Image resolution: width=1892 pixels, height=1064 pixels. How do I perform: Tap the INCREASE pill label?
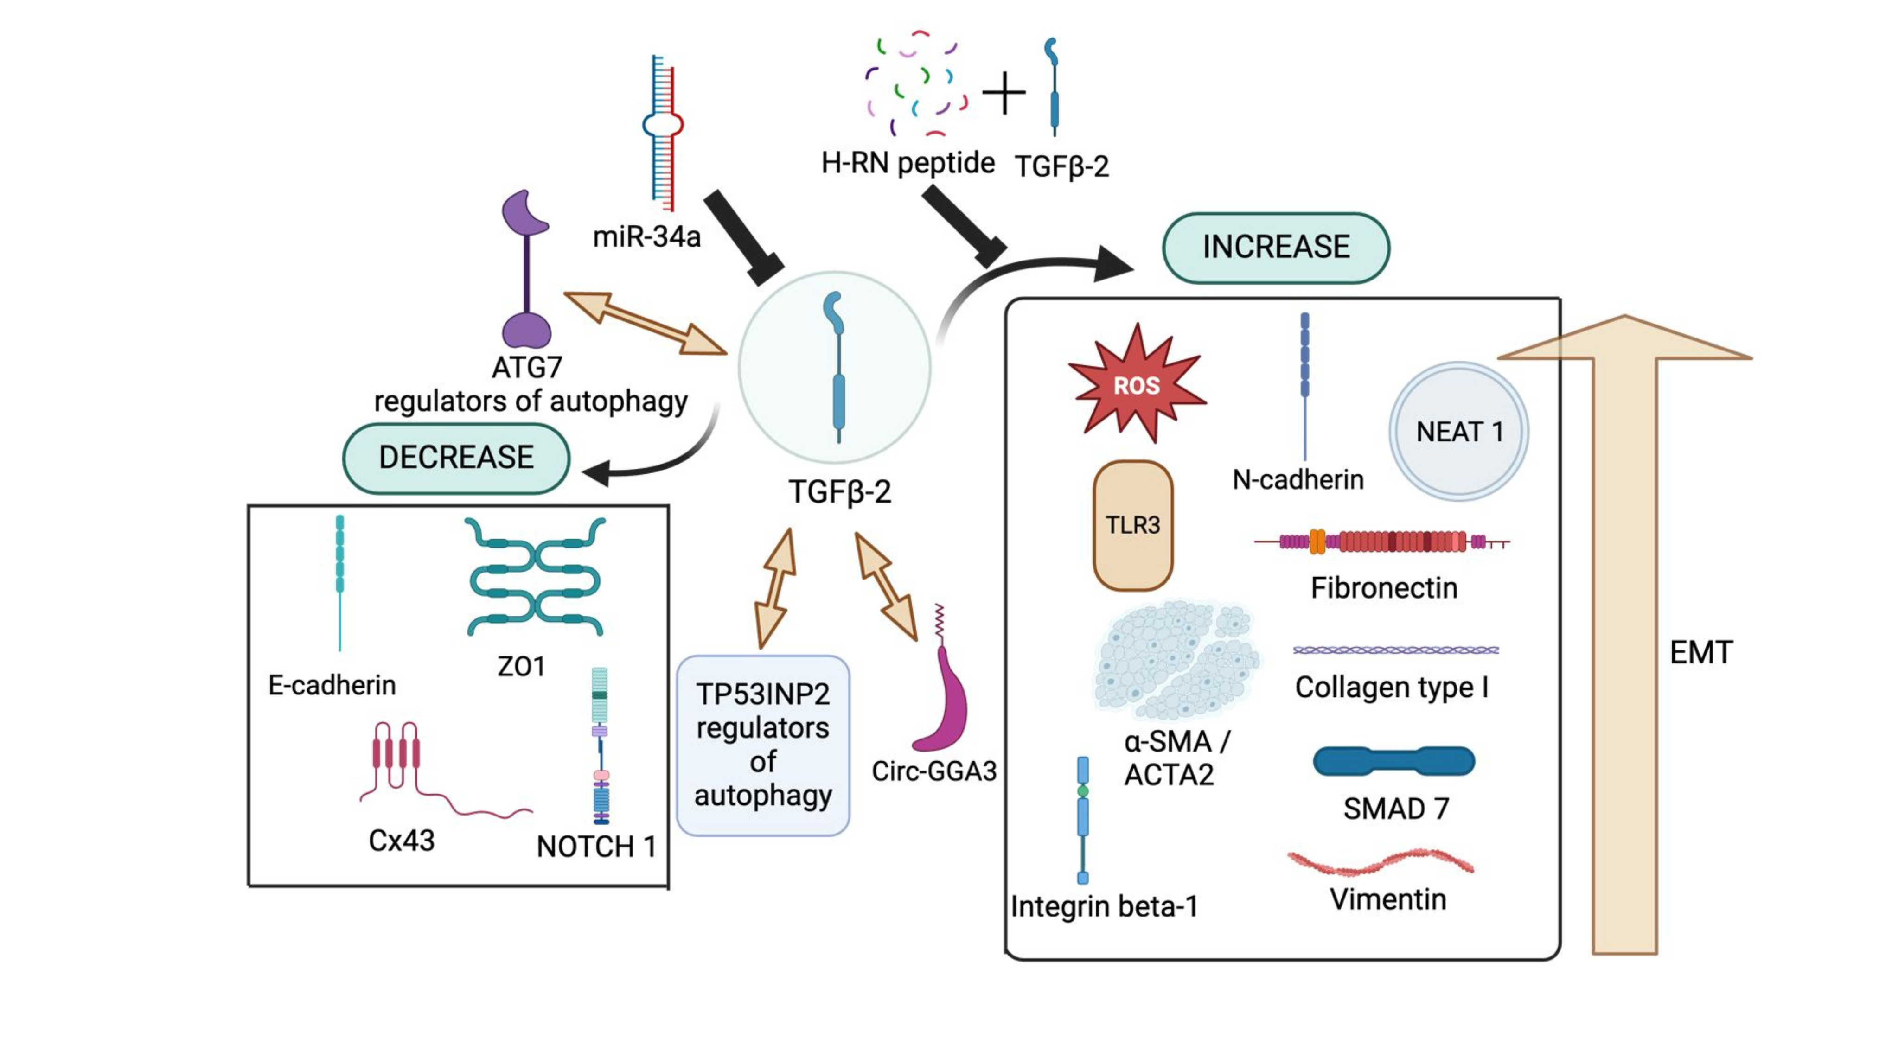click(x=1276, y=248)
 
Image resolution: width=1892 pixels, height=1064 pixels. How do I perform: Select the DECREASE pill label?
click(x=456, y=458)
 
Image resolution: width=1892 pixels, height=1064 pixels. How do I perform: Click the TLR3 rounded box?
click(x=1132, y=525)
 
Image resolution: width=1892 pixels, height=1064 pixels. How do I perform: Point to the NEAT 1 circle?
click(x=1459, y=431)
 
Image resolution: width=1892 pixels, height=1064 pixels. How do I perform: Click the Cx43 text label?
click(x=401, y=840)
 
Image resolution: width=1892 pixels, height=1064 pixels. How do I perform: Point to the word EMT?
click(x=1701, y=652)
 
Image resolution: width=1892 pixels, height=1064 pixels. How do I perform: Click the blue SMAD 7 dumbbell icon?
click(x=1393, y=761)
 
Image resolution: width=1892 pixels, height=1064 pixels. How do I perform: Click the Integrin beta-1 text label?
click(x=1104, y=906)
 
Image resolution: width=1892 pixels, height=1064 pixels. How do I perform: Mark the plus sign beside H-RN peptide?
click(x=1004, y=93)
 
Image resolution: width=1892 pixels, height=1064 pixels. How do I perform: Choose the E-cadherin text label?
click(x=332, y=685)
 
